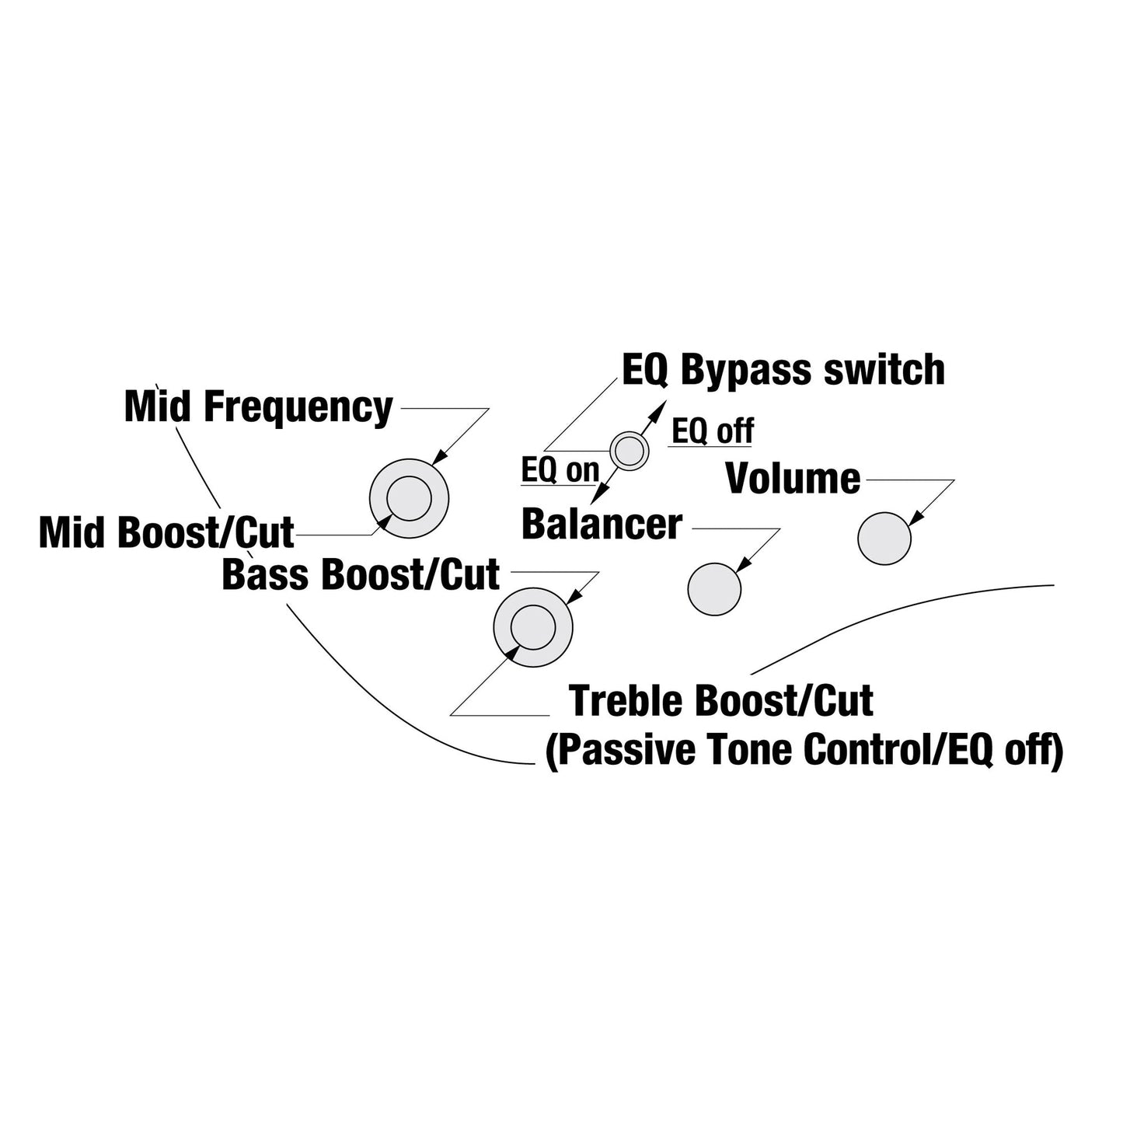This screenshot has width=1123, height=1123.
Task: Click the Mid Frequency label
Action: [258, 407]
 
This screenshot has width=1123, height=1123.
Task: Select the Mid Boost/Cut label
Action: [166, 532]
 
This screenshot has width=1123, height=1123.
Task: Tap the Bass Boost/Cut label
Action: [361, 574]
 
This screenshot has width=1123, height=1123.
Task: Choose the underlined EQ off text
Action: [712, 431]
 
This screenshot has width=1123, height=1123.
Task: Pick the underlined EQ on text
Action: [560, 470]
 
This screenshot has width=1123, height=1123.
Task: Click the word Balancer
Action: [602, 523]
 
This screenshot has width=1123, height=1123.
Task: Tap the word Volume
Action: [793, 479]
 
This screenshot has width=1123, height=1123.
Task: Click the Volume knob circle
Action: [884, 539]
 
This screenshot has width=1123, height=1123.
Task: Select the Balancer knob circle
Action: [714, 589]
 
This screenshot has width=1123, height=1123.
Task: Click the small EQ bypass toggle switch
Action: [630, 451]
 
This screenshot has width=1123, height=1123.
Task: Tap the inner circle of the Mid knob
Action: [409, 498]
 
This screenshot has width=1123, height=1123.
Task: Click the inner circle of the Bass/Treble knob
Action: [532, 627]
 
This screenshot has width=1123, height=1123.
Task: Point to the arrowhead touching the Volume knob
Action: [915, 518]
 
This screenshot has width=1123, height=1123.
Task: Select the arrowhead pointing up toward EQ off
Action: [658, 409]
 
